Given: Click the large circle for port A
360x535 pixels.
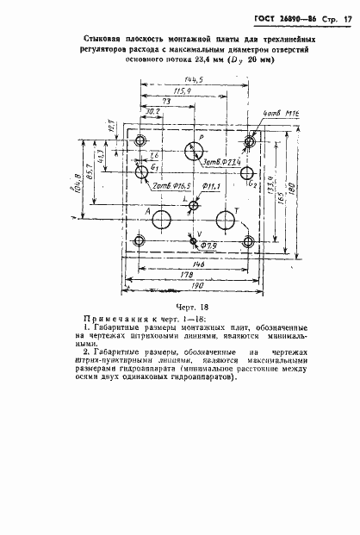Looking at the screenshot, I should [x=161, y=219].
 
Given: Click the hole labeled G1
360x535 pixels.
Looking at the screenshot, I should [x=140, y=173].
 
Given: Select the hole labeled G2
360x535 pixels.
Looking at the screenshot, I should [x=248, y=173].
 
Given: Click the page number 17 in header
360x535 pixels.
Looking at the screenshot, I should [x=347, y=18].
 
